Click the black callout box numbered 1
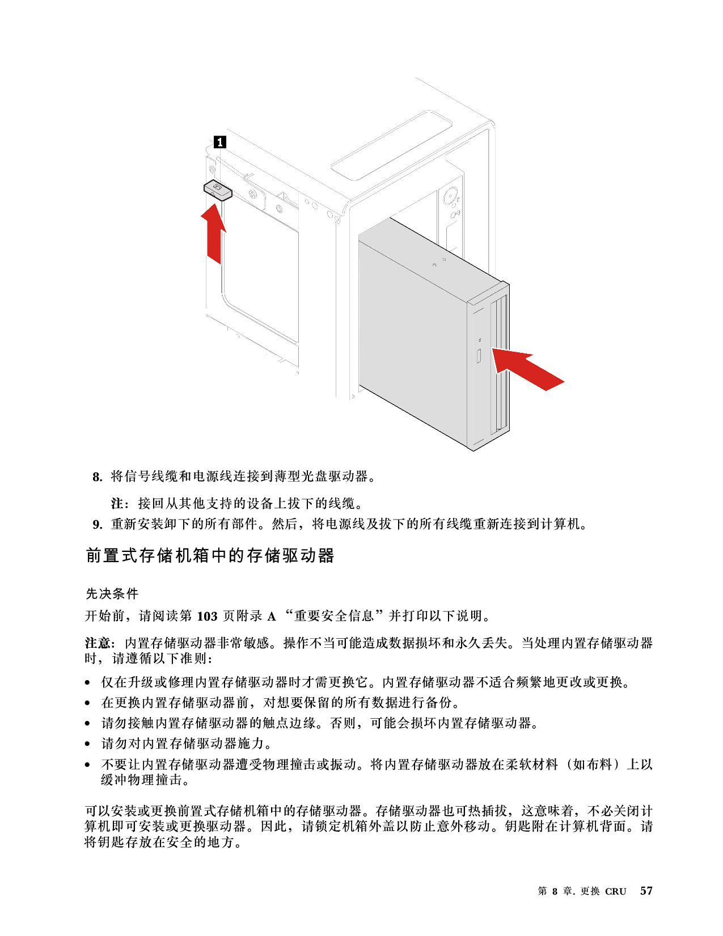tap(219, 142)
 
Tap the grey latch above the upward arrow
tap(218, 191)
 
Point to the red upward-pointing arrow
tap(213, 233)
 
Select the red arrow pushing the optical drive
tap(527, 369)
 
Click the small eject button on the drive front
tap(479, 356)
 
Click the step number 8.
tap(98, 477)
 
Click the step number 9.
tap(98, 524)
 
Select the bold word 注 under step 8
tap(117, 503)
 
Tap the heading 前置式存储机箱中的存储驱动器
tap(210, 555)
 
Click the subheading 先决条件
tap(112, 593)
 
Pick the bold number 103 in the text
tap(207, 617)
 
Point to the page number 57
tap(646, 891)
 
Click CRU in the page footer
tap(615, 891)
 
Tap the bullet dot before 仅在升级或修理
tap(88, 683)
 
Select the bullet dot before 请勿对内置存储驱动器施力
tap(88, 744)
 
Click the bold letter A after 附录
tap(271, 617)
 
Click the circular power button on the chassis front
tap(449, 197)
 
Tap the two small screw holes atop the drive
tap(439, 262)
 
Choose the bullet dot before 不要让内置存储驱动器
tap(88, 765)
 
